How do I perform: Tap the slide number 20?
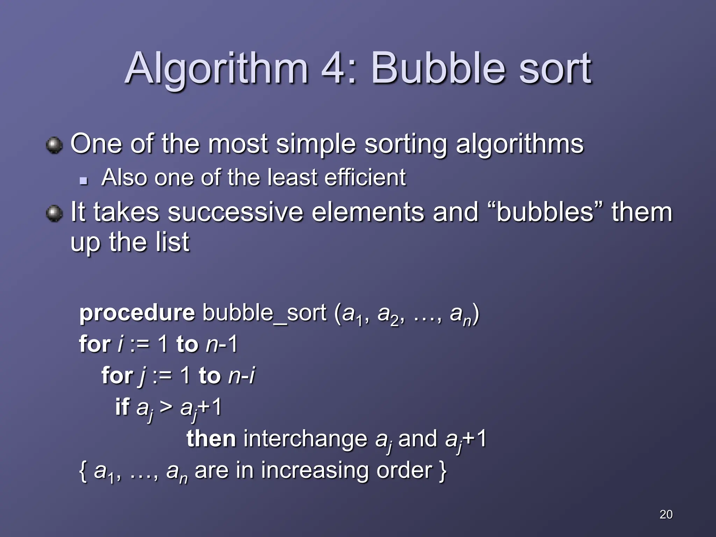[666, 514]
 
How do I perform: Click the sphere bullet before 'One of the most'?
[54, 145]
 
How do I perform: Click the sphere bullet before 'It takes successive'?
[54, 213]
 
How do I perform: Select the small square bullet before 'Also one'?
[83, 181]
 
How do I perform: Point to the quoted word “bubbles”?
[545, 212]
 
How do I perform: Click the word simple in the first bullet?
[316, 144]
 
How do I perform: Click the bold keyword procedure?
[137, 313]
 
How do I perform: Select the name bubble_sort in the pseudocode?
[264, 313]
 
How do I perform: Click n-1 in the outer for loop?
[222, 344]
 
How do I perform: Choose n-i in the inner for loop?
[241, 375]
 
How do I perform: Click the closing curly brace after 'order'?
[443, 471]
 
